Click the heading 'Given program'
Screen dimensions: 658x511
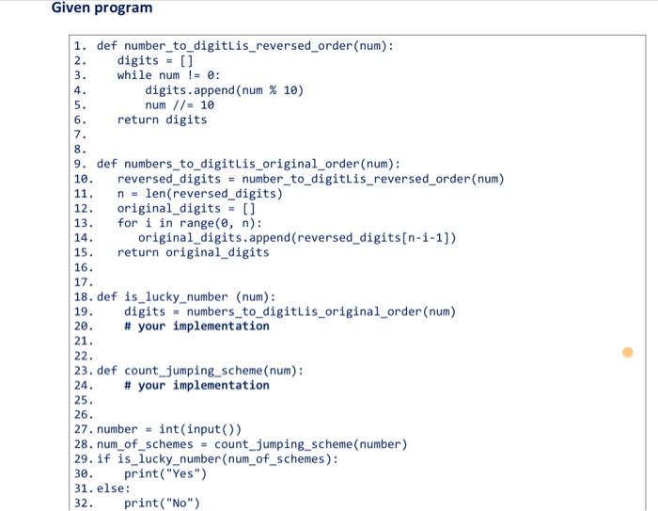coord(102,8)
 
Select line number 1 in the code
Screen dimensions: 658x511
coord(79,45)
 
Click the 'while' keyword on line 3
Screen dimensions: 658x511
coord(134,75)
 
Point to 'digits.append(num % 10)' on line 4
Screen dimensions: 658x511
coord(224,90)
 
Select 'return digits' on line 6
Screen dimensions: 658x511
coord(162,120)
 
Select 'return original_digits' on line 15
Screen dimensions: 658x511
coord(193,252)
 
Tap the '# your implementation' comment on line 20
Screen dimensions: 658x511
coord(196,326)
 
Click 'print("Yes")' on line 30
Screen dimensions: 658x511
coord(165,473)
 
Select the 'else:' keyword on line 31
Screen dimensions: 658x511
coord(114,488)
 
